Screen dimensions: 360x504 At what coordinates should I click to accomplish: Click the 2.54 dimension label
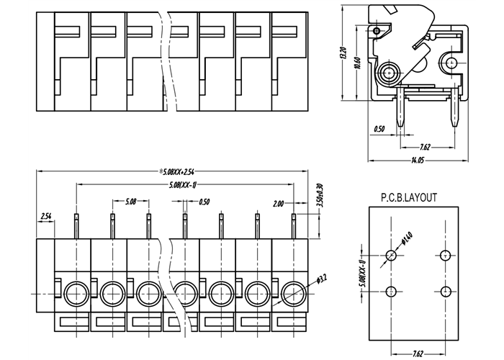46,216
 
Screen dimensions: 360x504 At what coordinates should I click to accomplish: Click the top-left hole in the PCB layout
391,255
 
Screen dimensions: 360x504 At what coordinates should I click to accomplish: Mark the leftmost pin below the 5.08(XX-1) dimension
75,224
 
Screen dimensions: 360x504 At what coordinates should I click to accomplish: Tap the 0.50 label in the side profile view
379,130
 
